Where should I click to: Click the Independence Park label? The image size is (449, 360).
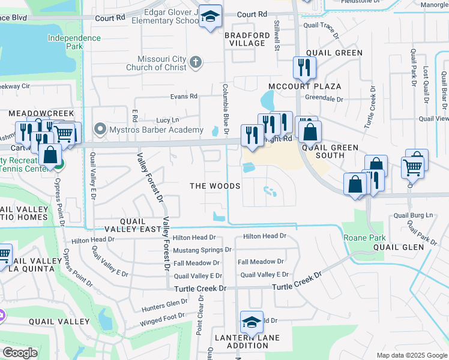[74, 43]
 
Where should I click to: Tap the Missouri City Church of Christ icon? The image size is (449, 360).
[195, 62]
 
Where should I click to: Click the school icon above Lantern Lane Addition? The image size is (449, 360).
[252, 323]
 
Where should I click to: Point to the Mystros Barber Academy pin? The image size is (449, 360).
[100, 130]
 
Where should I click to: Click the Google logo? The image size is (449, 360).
[20, 353]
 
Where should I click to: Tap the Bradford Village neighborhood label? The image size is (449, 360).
[244, 39]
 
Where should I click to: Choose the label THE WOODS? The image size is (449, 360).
[215, 186]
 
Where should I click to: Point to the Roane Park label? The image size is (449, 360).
[364, 238]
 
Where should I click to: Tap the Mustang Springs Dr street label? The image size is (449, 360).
[202, 250]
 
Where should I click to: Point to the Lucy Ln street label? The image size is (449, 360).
[167, 120]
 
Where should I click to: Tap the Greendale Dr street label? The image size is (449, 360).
[324, 99]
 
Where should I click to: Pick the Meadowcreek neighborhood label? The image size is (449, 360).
[40, 113]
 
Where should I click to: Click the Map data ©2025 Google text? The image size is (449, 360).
[411, 355]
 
